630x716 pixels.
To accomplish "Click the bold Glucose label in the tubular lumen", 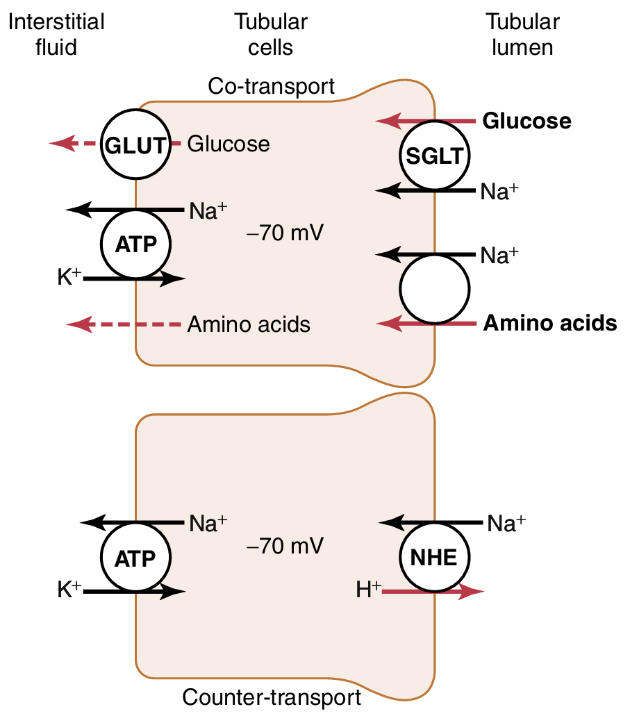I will coord(527,122).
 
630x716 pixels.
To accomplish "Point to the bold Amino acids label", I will coord(550,324).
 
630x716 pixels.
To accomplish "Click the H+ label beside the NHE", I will coord(368,591).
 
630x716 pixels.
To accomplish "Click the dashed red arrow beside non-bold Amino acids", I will coord(125,324).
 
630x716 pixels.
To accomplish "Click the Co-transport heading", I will coord(272,87).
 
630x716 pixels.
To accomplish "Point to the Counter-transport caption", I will coord(271,697).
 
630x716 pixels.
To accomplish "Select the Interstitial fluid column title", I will coord(56,34).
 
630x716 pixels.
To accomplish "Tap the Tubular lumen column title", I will coord(522,34).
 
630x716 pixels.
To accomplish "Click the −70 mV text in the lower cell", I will coord(285,547).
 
